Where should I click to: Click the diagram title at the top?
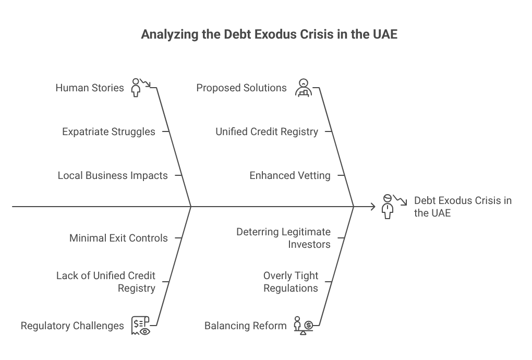coord(269,34)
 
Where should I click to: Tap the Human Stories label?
coord(90,88)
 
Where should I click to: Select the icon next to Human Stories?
coord(140,88)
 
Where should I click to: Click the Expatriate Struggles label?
coord(108,131)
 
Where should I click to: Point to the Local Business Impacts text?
coord(113,175)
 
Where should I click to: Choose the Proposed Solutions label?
coord(241,88)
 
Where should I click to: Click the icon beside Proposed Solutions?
coord(304,88)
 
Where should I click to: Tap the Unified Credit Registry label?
coord(267,131)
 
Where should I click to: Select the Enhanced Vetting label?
coord(290,175)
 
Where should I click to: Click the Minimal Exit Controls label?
coord(118,238)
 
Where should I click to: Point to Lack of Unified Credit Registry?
coord(106,282)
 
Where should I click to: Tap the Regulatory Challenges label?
coord(72,326)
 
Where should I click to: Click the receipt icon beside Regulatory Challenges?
coord(140,326)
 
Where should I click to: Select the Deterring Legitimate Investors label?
coord(283,238)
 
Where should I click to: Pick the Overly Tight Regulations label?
coord(291,282)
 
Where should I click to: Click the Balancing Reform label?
coord(245,326)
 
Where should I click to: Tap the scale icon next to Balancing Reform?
coord(304,326)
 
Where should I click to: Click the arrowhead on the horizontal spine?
coord(373,206)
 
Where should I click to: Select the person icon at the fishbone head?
coord(394,206)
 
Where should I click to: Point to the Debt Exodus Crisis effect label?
coord(463,207)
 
